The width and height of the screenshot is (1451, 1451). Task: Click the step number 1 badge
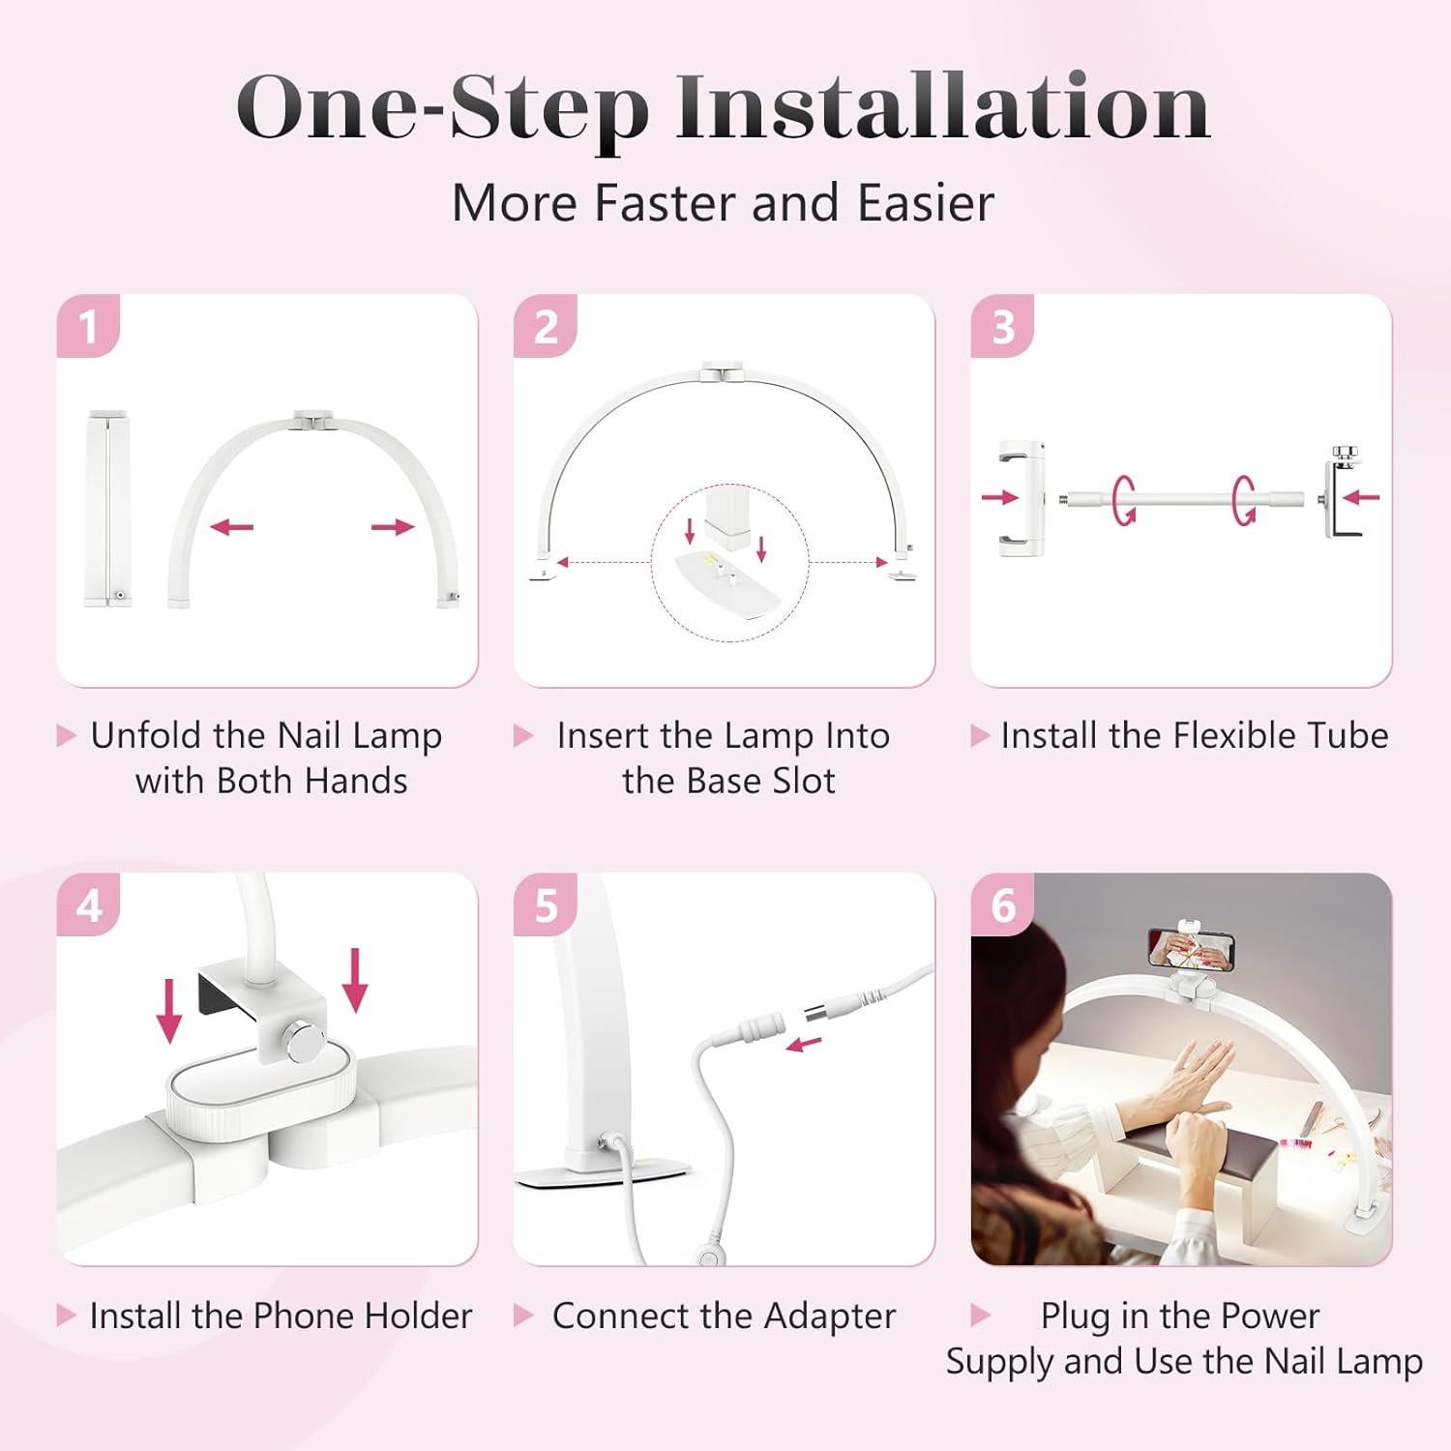click(88, 326)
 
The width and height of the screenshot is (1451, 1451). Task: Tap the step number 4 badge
click(88, 905)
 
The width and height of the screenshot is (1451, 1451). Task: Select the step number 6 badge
click(1003, 905)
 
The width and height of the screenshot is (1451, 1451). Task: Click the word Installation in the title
click(943, 108)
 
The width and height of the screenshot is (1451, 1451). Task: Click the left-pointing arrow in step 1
click(232, 527)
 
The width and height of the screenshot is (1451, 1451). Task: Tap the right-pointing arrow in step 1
click(393, 527)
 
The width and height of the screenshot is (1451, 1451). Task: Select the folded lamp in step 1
click(108, 509)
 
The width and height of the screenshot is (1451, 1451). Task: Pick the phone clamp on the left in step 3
click(1023, 497)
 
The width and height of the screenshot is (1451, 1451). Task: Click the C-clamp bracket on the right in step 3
click(1340, 497)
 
